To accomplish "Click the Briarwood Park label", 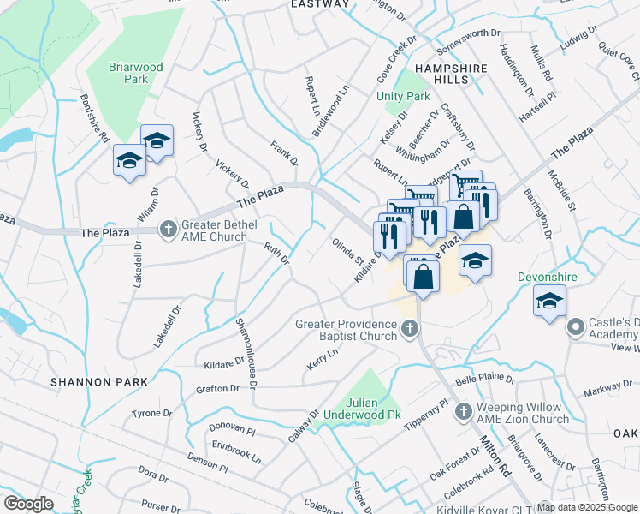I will pos(129,73).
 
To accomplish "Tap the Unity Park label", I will pos(403,96).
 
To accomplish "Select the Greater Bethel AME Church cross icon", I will pos(169,229).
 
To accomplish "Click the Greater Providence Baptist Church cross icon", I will pos(410,326).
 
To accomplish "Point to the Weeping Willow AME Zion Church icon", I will pos(463,412).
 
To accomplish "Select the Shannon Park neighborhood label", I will pos(98,381).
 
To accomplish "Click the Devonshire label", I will pos(548,278).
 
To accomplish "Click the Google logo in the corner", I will pos(28,504).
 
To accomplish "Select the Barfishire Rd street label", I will pos(95,123).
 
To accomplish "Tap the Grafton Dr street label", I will pos(217,388).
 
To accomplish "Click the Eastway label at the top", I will pos(320,4).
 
